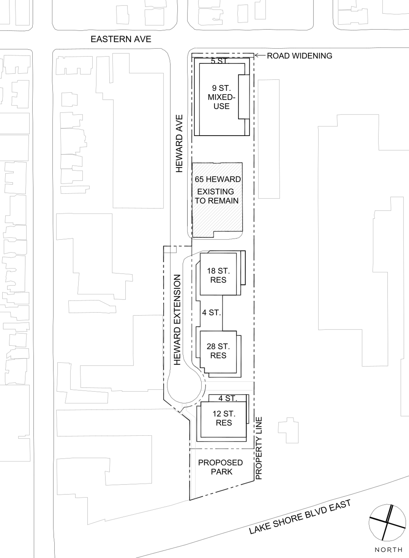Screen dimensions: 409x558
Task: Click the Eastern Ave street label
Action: click(x=121, y=39)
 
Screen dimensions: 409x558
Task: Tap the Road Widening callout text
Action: click(x=299, y=56)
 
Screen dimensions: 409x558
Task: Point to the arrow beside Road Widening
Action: click(x=260, y=56)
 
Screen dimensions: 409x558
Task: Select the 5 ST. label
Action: click(x=220, y=61)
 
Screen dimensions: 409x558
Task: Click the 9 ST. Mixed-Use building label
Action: click(x=221, y=97)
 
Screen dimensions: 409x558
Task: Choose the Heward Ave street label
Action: click(x=179, y=144)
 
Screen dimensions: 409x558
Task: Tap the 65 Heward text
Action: click(x=218, y=179)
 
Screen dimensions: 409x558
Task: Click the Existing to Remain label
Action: click(x=216, y=196)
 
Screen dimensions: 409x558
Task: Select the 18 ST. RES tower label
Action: click(x=218, y=275)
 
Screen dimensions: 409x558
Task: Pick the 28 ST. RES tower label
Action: click(x=218, y=351)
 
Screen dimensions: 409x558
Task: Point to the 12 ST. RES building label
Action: click(x=224, y=418)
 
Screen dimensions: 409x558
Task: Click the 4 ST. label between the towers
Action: click(x=212, y=312)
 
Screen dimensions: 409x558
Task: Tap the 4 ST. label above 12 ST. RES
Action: click(x=228, y=398)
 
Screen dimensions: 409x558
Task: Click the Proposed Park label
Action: click(x=220, y=467)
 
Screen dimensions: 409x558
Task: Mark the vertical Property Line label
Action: click(x=259, y=448)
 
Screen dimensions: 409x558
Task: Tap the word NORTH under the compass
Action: click(x=389, y=550)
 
